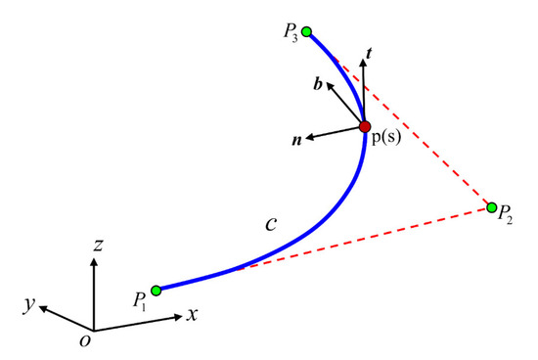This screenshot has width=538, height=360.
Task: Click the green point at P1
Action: coord(157,290)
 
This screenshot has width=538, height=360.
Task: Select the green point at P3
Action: coord(307,32)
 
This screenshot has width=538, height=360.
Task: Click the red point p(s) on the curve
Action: coord(364,125)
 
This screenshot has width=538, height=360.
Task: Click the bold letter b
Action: coord(317,87)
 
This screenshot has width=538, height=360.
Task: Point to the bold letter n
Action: coord(295,140)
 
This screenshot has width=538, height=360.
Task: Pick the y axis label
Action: coord(32,306)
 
